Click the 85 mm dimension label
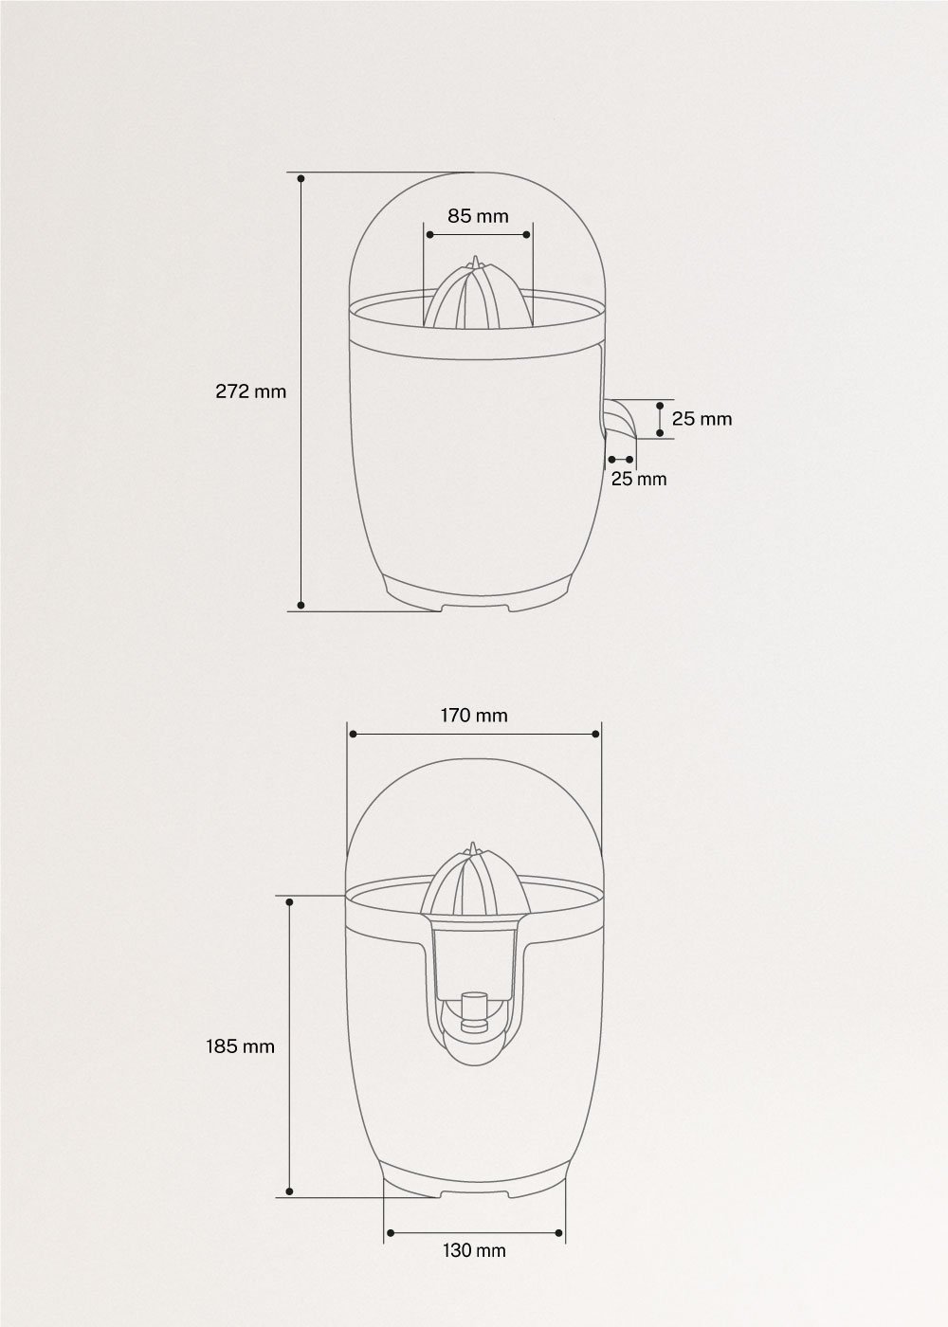[478, 216]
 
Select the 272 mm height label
[250, 391]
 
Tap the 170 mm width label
[473, 715]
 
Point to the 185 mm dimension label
[241, 1046]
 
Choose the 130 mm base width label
[474, 1250]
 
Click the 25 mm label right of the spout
[702, 418]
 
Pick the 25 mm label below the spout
[638, 479]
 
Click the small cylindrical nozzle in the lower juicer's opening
[472, 1009]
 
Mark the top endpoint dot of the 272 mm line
[301, 177]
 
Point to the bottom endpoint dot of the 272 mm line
[301, 604]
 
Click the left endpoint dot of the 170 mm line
[352, 734]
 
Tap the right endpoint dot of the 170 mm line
[595, 734]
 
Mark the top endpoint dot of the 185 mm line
[289, 901]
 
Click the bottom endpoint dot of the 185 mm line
[289, 1191]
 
